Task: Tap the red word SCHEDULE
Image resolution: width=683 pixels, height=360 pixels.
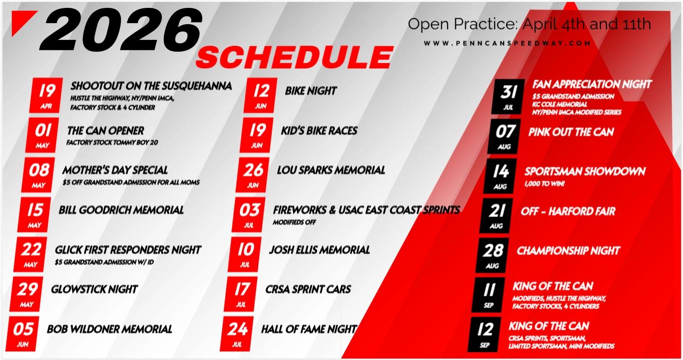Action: [x=295, y=57]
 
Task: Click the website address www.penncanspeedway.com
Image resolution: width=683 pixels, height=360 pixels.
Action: [x=507, y=43]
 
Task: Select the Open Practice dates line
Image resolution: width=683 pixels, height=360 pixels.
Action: [x=529, y=24]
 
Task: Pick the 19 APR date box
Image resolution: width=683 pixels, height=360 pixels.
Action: [x=46, y=95]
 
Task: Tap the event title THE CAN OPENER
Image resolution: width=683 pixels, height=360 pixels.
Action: [x=106, y=131]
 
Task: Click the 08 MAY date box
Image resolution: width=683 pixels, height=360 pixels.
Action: [x=38, y=175]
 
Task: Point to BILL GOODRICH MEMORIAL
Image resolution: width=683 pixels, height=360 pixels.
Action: [x=121, y=210]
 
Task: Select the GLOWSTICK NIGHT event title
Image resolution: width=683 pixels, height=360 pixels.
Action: [x=94, y=289]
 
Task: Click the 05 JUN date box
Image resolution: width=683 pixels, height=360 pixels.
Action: [x=22, y=334]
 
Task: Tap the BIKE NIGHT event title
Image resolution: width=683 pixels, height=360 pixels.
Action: [x=311, y=91]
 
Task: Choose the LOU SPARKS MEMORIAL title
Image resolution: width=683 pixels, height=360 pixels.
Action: [x=331, y=170]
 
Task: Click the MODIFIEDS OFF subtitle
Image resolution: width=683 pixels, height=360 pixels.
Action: [x=294, y=222]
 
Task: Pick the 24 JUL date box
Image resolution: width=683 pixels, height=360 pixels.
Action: [x=237, y=334]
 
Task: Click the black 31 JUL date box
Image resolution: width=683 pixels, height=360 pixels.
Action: [x=508, y=97]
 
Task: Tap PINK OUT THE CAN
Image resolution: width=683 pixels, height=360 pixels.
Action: [x=571, y=132]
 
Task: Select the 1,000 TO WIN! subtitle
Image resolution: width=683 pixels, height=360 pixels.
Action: [x=544, y=183]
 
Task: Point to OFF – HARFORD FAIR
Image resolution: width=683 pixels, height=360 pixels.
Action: [x=568, y=211]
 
